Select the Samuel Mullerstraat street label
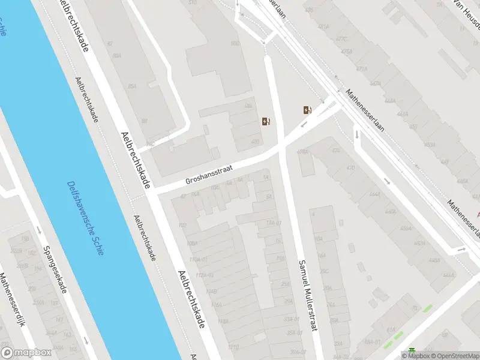point(307,295)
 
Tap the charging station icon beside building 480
point(266,122)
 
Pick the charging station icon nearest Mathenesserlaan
point(307,110)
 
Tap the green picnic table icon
point(412,352)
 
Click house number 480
point(255,142)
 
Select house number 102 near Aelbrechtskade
point(182,226)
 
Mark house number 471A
point(361,69)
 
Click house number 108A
point(192,244)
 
